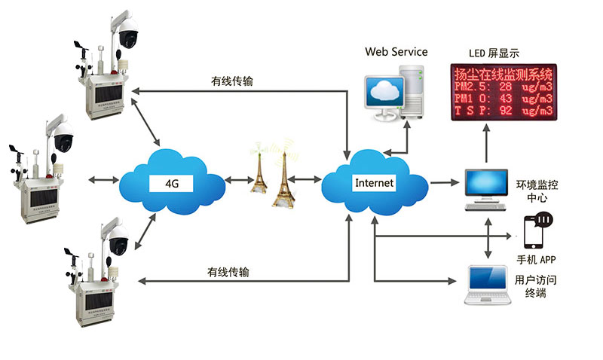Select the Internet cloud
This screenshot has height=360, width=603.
coord(373,182)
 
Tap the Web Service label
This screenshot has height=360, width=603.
coord(396,52)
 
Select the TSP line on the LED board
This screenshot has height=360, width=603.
coord(502,111)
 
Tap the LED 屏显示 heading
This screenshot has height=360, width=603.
coord(494,53)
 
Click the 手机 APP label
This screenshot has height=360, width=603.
coord(536,260)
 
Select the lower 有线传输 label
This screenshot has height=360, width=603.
coord(228,271)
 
